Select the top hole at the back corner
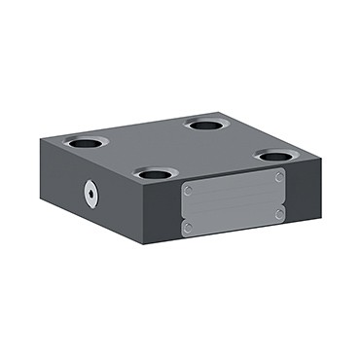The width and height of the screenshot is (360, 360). tap(206, 125)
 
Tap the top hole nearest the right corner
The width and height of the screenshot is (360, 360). tap(276, 155)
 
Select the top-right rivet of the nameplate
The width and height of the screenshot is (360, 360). tap(279, 178)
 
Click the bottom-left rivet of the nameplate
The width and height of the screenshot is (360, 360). tap(189, 229)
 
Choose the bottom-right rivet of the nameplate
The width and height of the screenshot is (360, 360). tap(279, 213)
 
